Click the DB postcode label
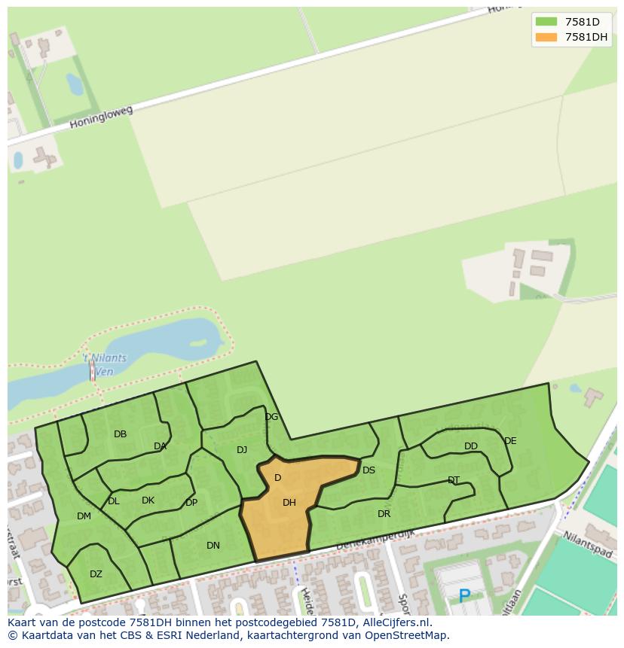coord(120,434)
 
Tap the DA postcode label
coord(160,446)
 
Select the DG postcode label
coord(271,417)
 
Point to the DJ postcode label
coord(242,450)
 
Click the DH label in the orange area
coord(289,503)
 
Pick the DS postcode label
coord(369,470)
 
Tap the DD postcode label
coord(471,446)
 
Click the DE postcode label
coord(510,441)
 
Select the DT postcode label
coord(454,480)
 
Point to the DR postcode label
coord(384,514)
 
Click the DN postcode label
coord(213,546)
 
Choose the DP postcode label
coord(191,503)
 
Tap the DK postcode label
coord(148,500)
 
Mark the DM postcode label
coord(84,516)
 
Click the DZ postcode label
coord(96,574)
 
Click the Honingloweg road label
coord(101,117)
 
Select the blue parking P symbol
coord(464,597)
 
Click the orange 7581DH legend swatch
coord(546,37)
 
